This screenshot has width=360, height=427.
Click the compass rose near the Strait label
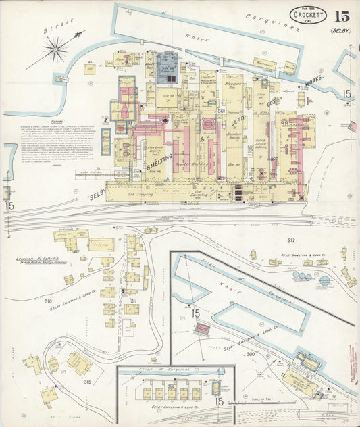point(55,49)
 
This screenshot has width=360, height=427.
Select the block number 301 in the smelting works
point(221,110)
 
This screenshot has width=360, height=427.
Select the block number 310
point(48,301)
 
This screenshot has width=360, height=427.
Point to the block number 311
point(134,301)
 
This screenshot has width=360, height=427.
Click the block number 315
point(87,382)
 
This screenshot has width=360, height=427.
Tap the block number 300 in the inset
point(251,353)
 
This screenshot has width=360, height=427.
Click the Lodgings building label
point(101,245)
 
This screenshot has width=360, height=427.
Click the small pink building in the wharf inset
point(202,329)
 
